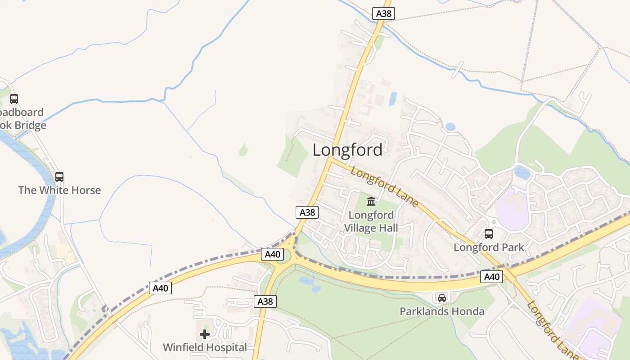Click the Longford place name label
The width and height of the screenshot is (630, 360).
point(347,150)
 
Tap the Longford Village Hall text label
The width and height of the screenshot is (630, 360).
point(371,221)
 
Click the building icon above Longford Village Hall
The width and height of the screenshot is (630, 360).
point(371,201)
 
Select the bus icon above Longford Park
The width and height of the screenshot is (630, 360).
point(489,234)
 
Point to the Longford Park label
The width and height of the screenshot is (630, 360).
point(489,247)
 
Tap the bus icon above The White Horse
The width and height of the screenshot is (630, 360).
point(59,177)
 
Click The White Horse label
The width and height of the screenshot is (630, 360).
point(59,190)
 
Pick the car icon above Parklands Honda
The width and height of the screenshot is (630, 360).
point(442,298)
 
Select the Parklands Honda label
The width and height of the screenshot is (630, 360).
point(442,311)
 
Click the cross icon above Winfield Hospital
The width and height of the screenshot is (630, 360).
point(205,334)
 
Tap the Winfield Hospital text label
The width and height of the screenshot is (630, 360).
point(205,347)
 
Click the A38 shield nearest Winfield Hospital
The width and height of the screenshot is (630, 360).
point(265,301)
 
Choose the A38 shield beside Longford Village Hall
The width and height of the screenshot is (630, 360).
point(307,212)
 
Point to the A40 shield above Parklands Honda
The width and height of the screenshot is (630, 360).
point(491,277)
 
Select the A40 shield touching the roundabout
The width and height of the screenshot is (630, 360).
point(273,254)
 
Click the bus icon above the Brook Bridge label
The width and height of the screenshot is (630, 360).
point(14,99)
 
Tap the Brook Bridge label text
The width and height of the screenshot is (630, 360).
point(22,119)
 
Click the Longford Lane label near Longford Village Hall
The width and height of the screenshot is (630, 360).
point(385,187)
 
